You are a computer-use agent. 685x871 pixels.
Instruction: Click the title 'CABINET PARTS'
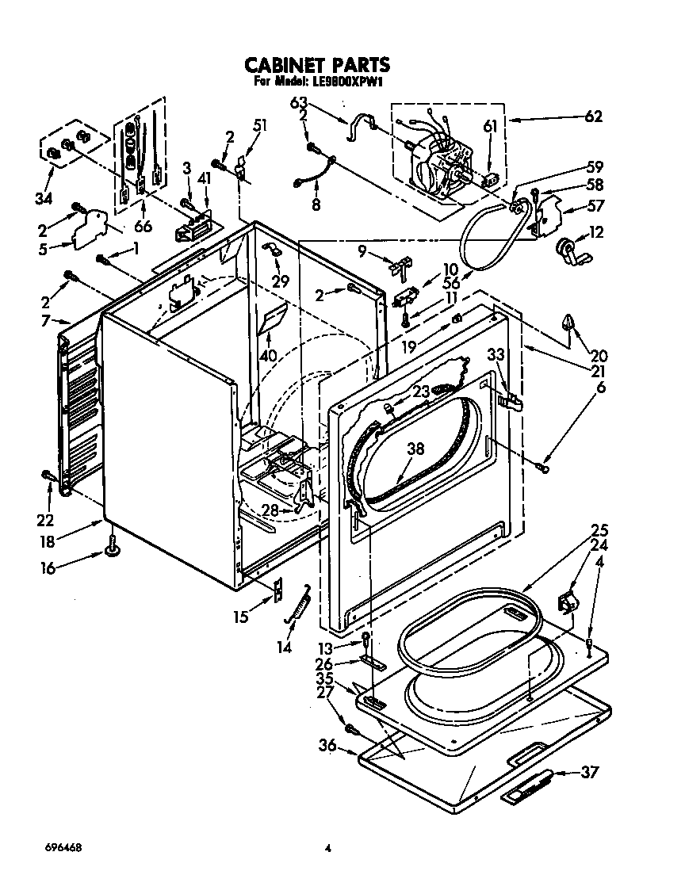[x=315, y=64]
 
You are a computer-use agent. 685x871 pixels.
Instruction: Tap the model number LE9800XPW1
[x=343, y=82]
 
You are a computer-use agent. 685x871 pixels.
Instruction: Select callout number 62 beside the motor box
[x=592, y=117]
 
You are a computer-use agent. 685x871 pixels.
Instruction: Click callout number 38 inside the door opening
[x=415, y=449]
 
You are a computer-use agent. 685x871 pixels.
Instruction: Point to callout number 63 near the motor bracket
[x=298, y=103]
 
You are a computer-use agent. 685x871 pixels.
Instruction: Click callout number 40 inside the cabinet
[x=270, y=356]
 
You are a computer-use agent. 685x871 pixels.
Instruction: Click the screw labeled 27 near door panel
[x=350, y=727]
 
